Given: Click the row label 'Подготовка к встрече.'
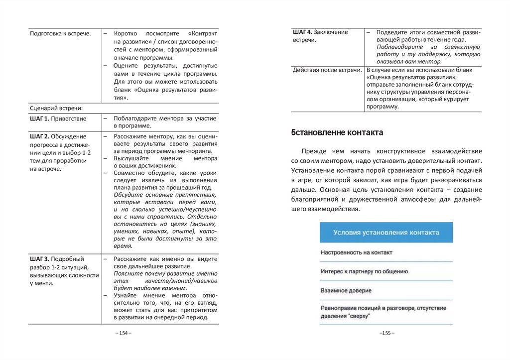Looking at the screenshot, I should click(x=60, y=34).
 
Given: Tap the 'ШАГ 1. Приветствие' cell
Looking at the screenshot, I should click(x=58, y=119).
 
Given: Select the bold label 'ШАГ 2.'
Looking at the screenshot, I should click(x=40, y=136).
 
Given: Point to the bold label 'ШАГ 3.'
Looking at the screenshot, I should click(x=40, y=259).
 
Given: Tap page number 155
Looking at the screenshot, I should click(x=386, y=333).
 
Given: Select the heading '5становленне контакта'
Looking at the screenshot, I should click(x=337, y=133).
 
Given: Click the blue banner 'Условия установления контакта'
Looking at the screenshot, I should click(x=386, y=233).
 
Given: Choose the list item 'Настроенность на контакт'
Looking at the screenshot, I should click(x=357, y=252).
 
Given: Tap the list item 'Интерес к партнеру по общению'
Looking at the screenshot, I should click(x=364, y=271).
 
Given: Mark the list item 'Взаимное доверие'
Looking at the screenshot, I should click(x=346, y=290).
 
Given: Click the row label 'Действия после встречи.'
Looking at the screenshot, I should click(x=328, y=70).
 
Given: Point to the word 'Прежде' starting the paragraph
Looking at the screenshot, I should click(x=313, y=151).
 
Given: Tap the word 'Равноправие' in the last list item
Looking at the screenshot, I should click(x=340, y=308).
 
